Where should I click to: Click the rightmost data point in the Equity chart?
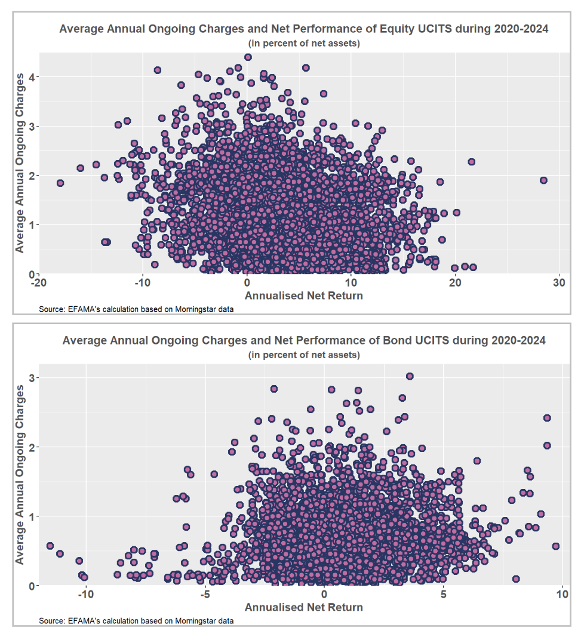tap(543, 180)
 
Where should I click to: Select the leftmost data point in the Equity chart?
tap(60, 183)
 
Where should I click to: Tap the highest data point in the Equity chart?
tap(248, 57)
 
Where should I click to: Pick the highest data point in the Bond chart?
tap(410, 376)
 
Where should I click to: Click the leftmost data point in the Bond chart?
tap(50, 546)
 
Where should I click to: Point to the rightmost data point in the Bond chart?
tap(556, 546)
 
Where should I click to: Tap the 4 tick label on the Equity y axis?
tap(33, 77)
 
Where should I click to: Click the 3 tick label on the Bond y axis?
tap(33, 378)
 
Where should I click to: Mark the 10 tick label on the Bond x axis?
tap(561, 595)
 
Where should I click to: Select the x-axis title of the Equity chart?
tap(303, 295)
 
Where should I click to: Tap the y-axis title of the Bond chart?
tap(20, 475)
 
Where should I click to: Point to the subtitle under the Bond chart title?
tap(303, 355)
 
